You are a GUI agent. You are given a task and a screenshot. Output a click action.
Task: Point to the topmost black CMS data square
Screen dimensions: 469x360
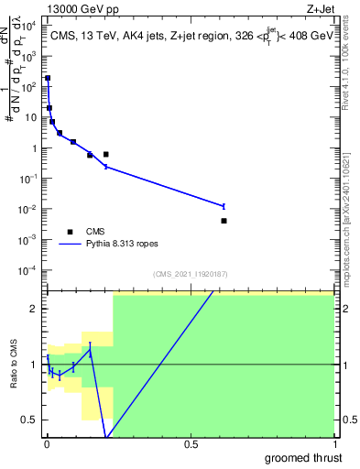click(48, 79)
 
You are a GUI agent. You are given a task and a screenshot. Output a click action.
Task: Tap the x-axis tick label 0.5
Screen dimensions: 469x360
click(190, 444)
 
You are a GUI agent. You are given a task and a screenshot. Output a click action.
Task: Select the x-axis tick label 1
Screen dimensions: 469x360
click(333, 444)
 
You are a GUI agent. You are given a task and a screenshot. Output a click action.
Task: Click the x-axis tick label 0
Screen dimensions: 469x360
click(47, 444)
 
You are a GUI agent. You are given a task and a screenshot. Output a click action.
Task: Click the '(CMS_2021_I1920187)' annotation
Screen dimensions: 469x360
click(190, 274)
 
